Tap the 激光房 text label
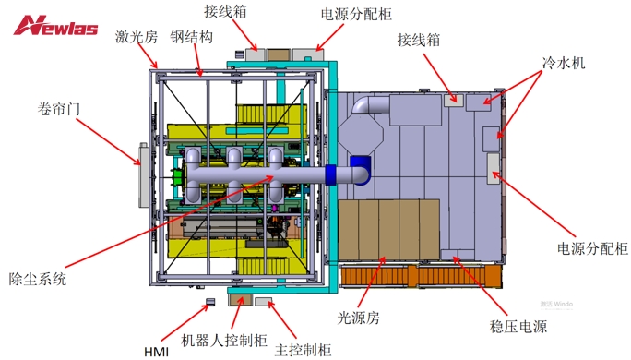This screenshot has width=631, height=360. pyautogui.click(x=136, y=38)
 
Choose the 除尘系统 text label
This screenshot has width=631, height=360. pyautogui.click(x=38, y=278)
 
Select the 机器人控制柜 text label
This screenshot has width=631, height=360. pyautogui.click(x=221, y=340)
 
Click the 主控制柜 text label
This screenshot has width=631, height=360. pyautogui.click(x=304, y=349)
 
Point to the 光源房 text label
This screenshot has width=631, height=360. pyautogui.click(x=359, y=318)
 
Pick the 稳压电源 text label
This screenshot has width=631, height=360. pyautogui.click(x=518, y=328)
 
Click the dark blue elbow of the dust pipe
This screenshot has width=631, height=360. pyautogui.click(x=358, y=169)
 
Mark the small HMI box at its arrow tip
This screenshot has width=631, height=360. pyautogui.click(x=209, y=301)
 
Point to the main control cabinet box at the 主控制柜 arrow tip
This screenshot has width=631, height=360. pyautogui.click(x=263, y=301)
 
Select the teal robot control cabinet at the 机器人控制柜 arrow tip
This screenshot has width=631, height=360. pyautogui.click(x=239, y=299)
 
